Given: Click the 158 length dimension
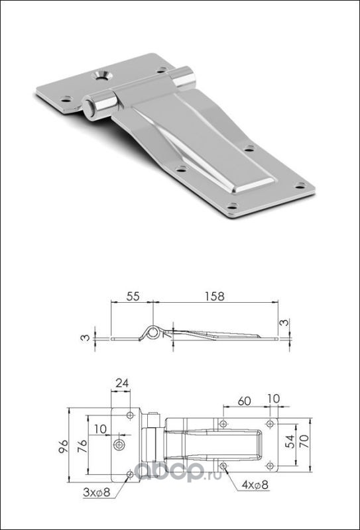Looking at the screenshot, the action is (x=215, y=296).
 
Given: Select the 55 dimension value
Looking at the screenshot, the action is (x=133, y=296).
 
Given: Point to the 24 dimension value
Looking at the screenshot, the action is (x=122, y=383).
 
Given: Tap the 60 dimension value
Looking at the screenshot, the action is (x=244, y=401).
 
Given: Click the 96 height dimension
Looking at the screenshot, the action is (x=64, y=446).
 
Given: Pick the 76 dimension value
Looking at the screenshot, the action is (x=83, y=446).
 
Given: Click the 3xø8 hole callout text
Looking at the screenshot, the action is (x=97, y=492).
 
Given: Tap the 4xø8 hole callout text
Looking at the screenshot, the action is (x=255, y=486).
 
